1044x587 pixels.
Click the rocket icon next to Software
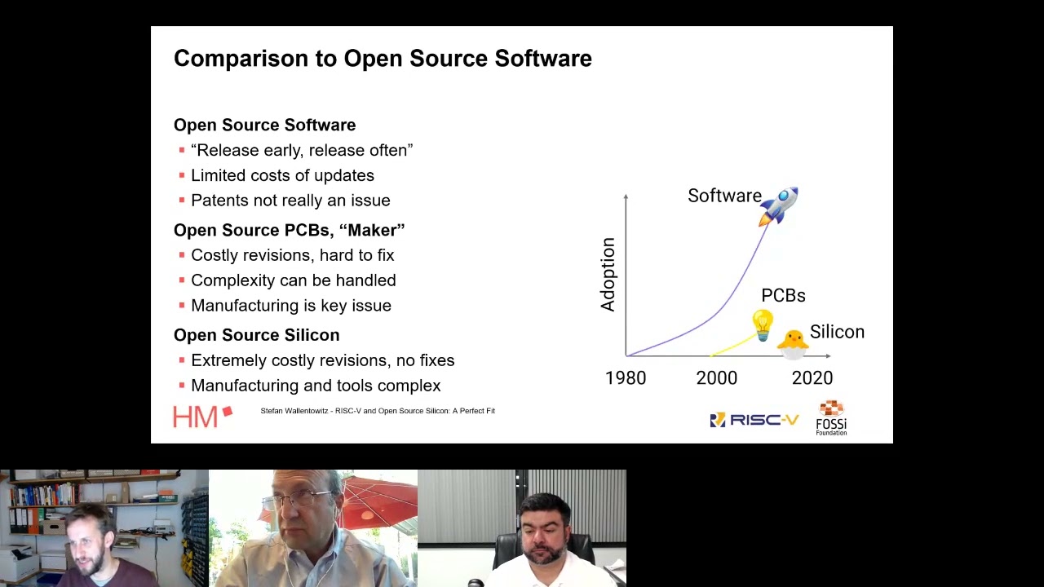point(779,205)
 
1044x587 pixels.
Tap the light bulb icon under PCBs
point(763,324)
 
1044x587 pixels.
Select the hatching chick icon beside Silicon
point(793,342)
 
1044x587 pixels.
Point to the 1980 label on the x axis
point(626,378)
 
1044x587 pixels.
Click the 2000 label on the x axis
point(716,378)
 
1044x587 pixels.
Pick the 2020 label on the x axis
point(812,378)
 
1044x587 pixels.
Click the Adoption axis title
point(608,275)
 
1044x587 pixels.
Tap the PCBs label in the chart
point(783,296)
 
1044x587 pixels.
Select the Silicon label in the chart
point(837,333)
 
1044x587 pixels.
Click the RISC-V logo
point(754,420)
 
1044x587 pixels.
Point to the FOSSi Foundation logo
point(831,417)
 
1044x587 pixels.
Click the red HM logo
point(201,417)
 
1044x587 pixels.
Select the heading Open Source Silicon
point(256,335)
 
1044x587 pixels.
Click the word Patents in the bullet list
point(218,201)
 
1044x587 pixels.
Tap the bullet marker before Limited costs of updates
point(182,175)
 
